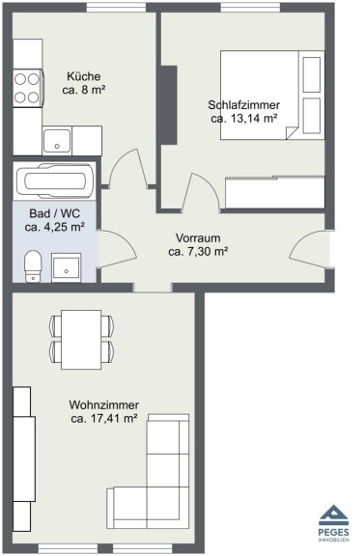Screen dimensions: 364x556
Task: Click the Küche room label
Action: click(x=84, y=76)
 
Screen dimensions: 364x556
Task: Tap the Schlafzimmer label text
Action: click(x=243, y=105)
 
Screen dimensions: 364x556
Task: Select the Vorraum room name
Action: click(x=198, y=237)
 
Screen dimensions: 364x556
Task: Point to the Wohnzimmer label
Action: click(x=104, y=404)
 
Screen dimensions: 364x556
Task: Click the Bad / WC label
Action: click(x=55, y=213)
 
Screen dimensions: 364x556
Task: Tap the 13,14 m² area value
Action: click(x=254, y=119)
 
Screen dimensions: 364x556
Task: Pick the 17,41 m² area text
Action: click(x=114, y=418)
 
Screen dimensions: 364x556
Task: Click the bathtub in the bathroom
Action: click(x=55, y=181)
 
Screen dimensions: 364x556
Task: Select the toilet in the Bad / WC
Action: click(x=33, y=266)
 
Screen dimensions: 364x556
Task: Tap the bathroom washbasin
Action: click(x=66, y=267)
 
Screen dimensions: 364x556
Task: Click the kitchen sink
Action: click(x=57, y=141)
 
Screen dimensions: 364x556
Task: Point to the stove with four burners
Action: click(x=27, y=88)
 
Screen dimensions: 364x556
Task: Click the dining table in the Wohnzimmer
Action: click(x=81, y=340)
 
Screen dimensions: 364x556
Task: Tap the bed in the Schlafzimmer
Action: click(x=272, y=95)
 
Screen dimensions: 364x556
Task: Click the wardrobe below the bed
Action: click(x=275, y=192)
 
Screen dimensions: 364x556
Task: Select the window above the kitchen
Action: click(x=117, y=8)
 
